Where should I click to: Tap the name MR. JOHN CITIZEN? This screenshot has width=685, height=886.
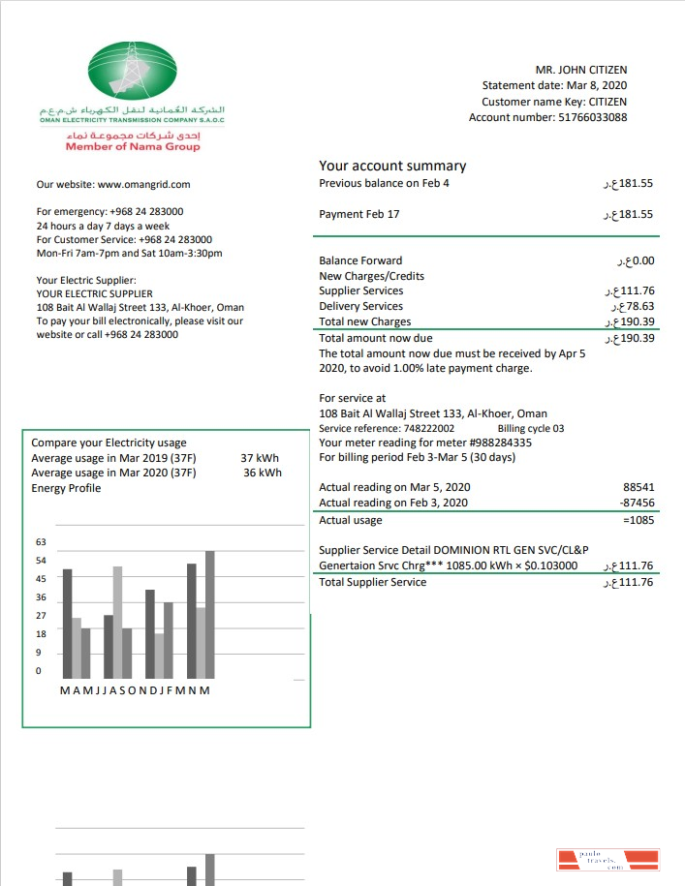[580, 70]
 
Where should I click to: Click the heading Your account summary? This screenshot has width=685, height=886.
[392, 166]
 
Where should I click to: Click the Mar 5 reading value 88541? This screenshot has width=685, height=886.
[638, 487]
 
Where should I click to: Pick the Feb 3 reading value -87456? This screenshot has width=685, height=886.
[637, 503]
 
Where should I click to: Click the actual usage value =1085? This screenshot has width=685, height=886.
[638, 521]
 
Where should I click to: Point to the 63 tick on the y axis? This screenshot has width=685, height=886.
[41, 542]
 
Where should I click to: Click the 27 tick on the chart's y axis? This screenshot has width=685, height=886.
[41, 616]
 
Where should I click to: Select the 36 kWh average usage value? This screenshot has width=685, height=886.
[263, 473]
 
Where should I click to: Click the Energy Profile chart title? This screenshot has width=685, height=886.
[66, 488]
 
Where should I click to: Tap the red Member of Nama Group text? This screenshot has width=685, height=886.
[133, 146]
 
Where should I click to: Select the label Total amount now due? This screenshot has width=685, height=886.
[376, 339]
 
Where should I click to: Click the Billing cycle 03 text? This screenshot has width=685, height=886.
[530, 428]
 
